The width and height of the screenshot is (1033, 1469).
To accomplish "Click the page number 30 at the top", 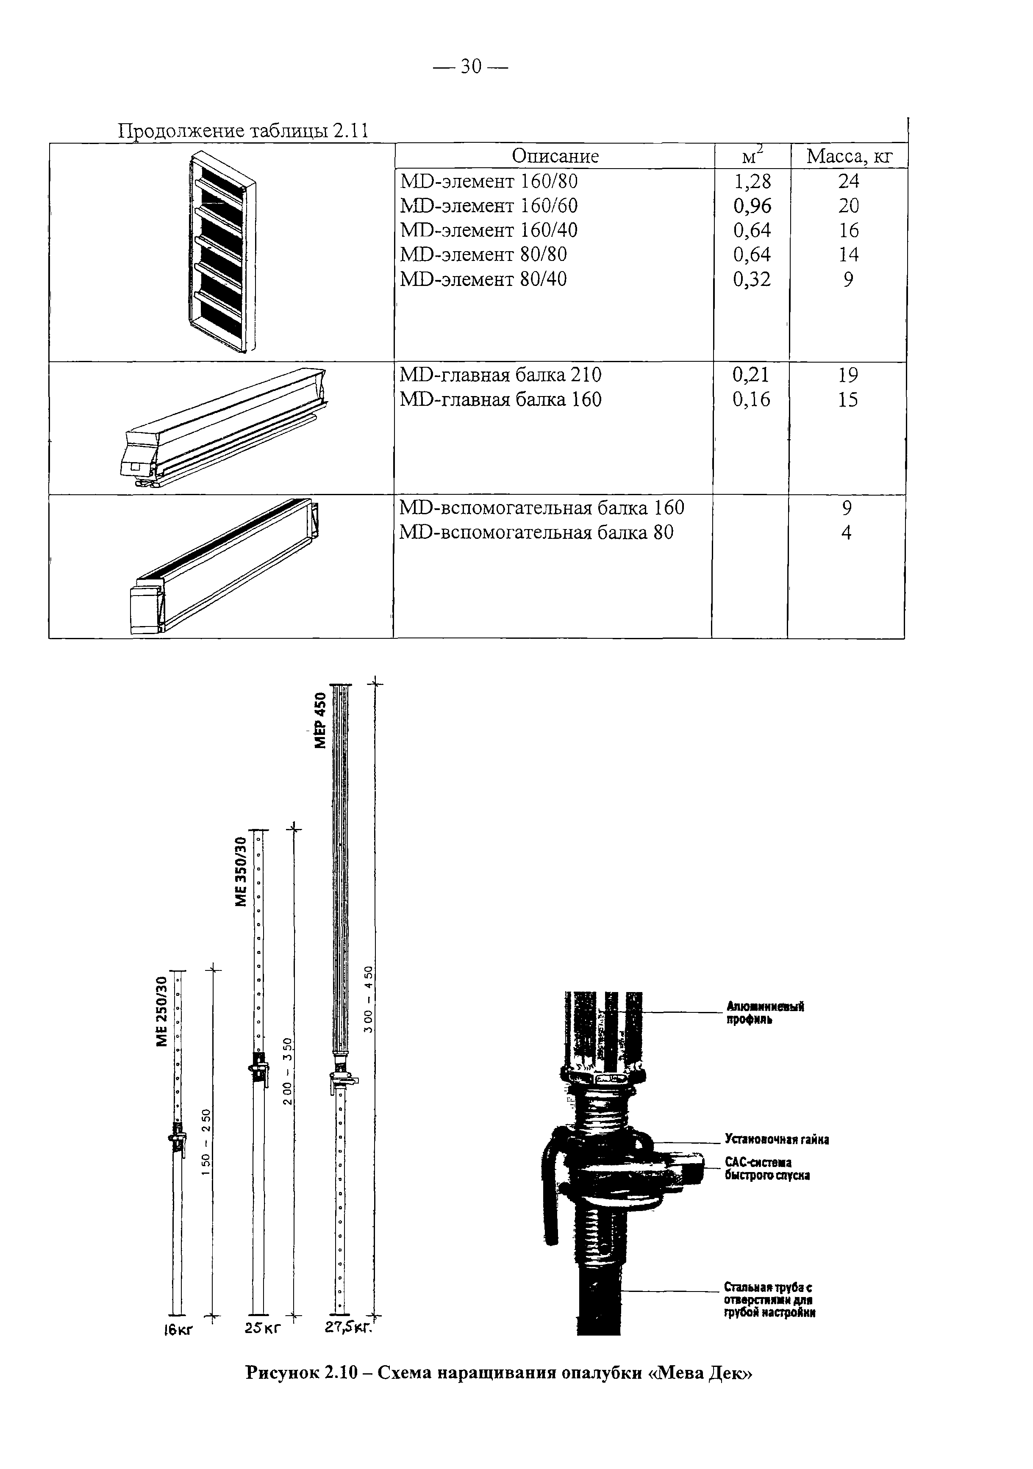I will tap(470, 66).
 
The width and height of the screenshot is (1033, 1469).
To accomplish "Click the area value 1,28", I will tap(752, 182).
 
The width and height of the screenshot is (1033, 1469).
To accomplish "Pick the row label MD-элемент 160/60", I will tap(489, 206).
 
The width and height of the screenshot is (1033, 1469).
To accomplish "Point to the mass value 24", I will tap(849, 182).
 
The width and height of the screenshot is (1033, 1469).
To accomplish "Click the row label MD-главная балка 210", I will tap(500, 375).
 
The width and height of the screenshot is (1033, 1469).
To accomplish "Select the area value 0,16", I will tap(751, 400).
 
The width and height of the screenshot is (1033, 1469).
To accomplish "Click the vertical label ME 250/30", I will tap(161, 1011).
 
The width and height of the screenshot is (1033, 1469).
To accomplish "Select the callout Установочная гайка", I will tap(776, 1139).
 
